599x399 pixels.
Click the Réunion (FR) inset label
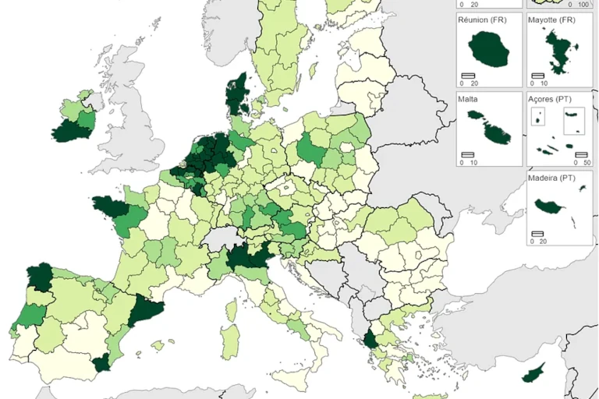(481, 19)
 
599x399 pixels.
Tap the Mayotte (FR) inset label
(551, 19)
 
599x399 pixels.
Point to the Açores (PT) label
(551, 100)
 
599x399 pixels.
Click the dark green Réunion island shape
(489, 51)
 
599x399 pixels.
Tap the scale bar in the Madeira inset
(538, 233)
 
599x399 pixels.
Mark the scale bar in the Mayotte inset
(537, 75)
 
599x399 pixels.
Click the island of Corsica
(236, 301)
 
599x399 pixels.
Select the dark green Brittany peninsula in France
(108, 207)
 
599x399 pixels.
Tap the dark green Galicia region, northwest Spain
(38, 277)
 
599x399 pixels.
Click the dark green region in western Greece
(368, 340)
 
